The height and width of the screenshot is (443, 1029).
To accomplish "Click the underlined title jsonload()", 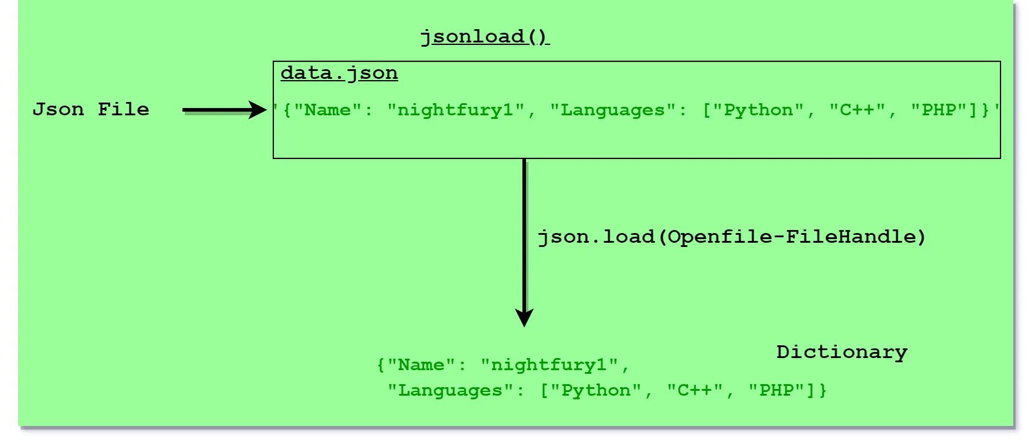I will pyautogui.click(x=484, y=37).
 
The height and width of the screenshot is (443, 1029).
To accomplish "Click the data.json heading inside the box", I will pyautogui.click(x=339, y=73).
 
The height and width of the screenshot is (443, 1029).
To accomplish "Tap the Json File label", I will pyautogui.click(x=91, y=109).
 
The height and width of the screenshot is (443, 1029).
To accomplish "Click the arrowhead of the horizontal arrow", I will pyautogui.click(x=258, y=110).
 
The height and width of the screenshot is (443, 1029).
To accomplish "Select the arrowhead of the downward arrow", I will pyautogui.click(x=524, y=316).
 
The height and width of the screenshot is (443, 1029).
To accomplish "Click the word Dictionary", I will pyautogui.click(x=842, y=352).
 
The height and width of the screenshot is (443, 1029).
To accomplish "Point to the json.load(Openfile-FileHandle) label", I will pyautogui.click(x=731, y=237).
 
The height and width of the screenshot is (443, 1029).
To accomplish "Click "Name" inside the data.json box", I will pyautogui.click(x=327, y=110).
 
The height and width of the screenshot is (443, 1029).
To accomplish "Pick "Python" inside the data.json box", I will pyautogui.click(x=758, y=110).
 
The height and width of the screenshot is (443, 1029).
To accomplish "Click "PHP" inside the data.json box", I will pyautogui.click(x=938, y=110).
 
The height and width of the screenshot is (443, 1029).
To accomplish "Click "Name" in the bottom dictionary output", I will pyautogui.click(x=421, y=365).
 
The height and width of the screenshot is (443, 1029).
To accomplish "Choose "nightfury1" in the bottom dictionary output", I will pyautogui.click(x=550, y=365).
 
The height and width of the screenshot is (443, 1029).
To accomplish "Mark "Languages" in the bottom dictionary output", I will pyautogui.click(x=451, y=390).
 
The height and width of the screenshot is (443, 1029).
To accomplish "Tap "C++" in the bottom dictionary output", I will pyautogui.click(x=694, y=390).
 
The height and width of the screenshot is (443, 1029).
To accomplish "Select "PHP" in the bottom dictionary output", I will pyautogui.click(x=776, y=390).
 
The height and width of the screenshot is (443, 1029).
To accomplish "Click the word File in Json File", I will pyautogui.click(x=123, y=109).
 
